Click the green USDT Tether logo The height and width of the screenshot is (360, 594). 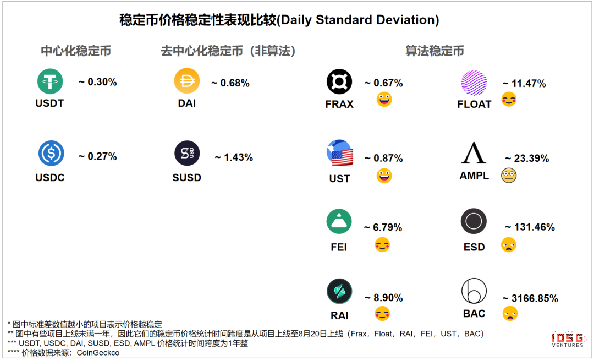[x=50, y=81]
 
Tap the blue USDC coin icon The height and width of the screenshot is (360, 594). [x=51, y=154]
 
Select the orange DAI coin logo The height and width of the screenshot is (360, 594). [x=187, y=81]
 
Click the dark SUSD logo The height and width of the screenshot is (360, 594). [x=187, y=154]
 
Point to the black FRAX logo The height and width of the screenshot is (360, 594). [x=339, y=82]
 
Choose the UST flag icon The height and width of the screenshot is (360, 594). [x=339, y=154]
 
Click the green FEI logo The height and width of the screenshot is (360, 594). [x=339, y=222]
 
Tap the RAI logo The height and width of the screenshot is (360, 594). [x=339, y=291]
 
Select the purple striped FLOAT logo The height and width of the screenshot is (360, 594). [x=474, y=83]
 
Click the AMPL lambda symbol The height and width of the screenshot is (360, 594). [x=474, y=153]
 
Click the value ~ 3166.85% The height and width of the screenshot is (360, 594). [x=530, y=299]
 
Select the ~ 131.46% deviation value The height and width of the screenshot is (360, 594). [x=530, y=227]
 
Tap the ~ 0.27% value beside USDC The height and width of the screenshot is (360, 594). [x=98, y=156]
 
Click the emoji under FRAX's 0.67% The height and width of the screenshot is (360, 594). [x=384, y=100]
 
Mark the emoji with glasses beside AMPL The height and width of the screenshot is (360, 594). [x=508, y=176]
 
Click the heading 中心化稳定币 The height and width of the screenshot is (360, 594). [x=76, y=51]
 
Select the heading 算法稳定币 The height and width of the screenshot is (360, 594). [x=435, y=51]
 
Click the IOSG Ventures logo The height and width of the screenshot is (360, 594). [x=568, y=340]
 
